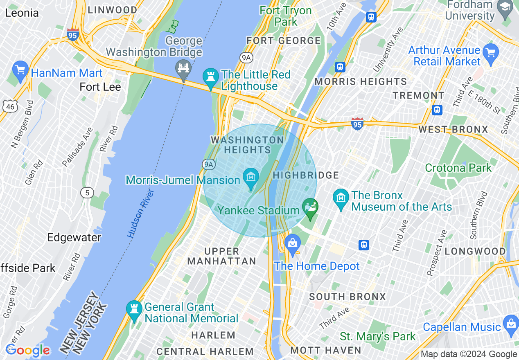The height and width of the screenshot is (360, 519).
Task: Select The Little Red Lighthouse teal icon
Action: (x=211, y=77)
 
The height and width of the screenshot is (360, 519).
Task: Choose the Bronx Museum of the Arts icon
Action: (x=341, y=198)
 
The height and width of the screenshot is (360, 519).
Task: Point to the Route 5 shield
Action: (x=87, y=192)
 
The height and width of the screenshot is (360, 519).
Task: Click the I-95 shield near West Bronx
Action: (x=357, y=124)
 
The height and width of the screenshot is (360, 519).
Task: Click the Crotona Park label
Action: (x=458, y=168)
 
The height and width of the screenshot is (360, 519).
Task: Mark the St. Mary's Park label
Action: (x=377, y=337)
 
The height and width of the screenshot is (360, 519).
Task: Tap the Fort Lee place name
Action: (x=100, y=87)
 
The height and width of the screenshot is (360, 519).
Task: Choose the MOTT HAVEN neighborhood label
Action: (x=325, y=350)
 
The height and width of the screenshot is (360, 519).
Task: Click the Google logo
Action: (x=27, y=350)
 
